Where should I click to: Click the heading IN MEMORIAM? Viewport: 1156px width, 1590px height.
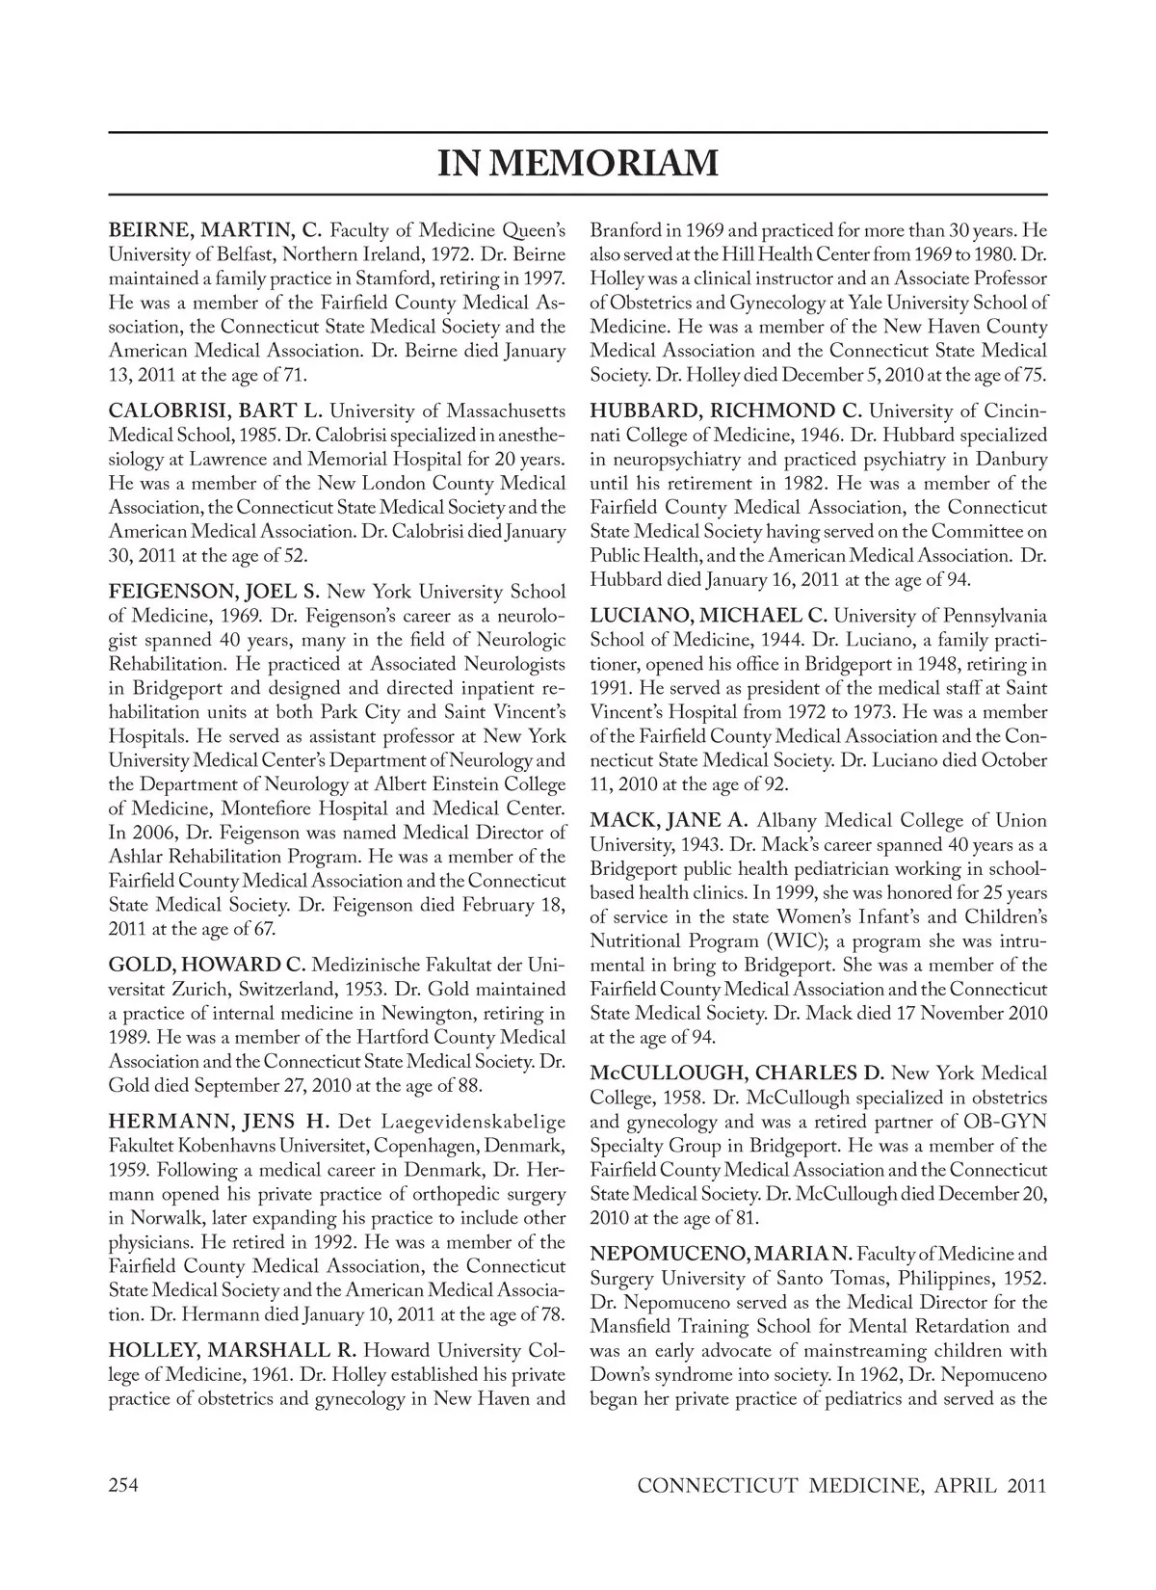578,163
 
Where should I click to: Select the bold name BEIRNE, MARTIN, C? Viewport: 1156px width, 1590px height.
214,231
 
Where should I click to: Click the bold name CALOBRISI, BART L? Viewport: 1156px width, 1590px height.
212,411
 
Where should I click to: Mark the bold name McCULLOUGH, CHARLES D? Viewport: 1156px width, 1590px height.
737,1073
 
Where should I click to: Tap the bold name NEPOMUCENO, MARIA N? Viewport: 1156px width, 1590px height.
720,1255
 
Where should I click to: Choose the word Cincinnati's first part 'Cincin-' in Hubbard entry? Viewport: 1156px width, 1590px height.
1011,411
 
